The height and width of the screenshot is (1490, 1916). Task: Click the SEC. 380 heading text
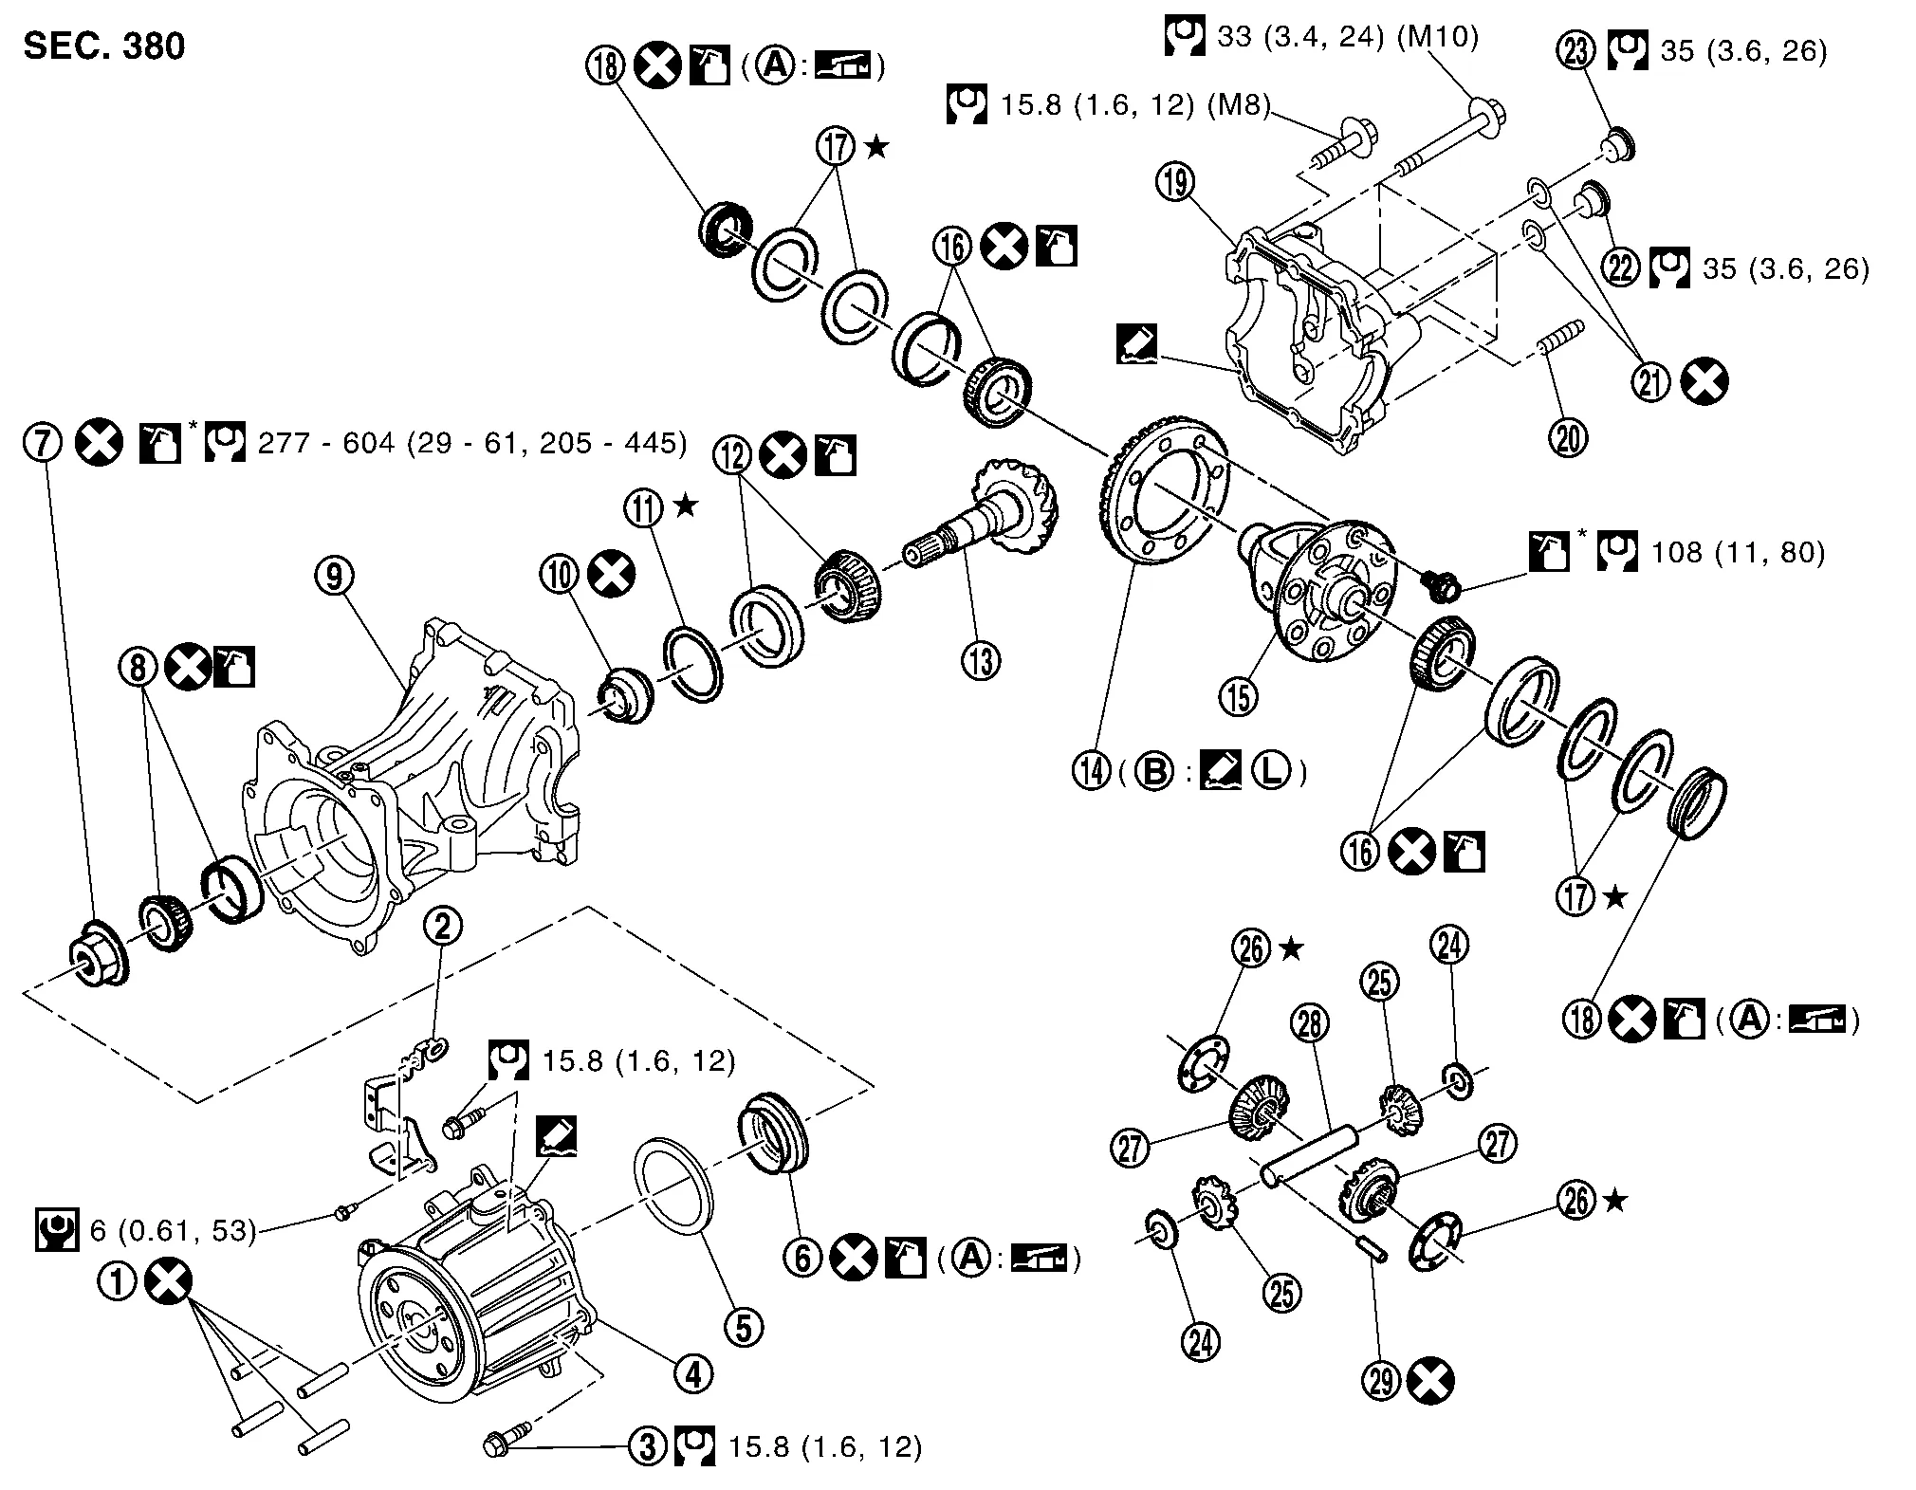[x=104, y=46]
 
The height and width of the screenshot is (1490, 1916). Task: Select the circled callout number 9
[x=335, y=577]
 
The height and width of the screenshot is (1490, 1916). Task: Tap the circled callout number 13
[x=981, y=660]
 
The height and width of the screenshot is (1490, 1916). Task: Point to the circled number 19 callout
[x=1176, y=182]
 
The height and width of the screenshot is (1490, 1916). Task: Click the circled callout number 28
[x=1310, y=1024]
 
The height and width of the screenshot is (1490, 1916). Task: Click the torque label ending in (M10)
[x=1346, y=37]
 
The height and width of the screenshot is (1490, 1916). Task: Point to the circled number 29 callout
[x=1384, y=1381]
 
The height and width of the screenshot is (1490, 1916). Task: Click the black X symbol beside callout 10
[x=611, y=575]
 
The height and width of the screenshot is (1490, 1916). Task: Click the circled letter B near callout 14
[x=1154, y=773]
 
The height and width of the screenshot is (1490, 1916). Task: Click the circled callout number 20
[x=1571, y=438]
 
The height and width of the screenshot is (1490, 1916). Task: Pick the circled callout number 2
[x=442, y=927]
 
